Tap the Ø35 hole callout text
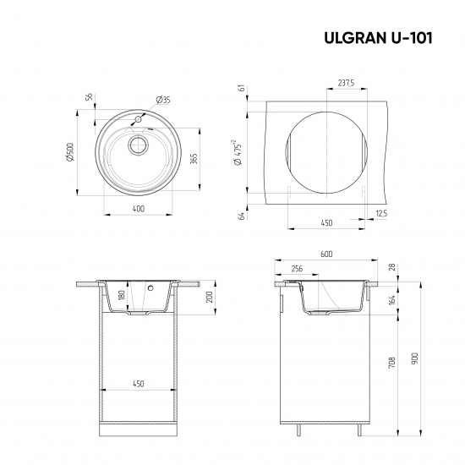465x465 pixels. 164,100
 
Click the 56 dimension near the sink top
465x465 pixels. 89,97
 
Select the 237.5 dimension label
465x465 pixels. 345,84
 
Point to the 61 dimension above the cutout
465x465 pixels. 241,89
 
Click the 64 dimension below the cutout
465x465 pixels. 241,216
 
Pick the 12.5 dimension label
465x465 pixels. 383,214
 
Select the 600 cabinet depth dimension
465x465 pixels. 326,254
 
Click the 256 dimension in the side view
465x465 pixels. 296,268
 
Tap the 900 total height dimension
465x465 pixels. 415,358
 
